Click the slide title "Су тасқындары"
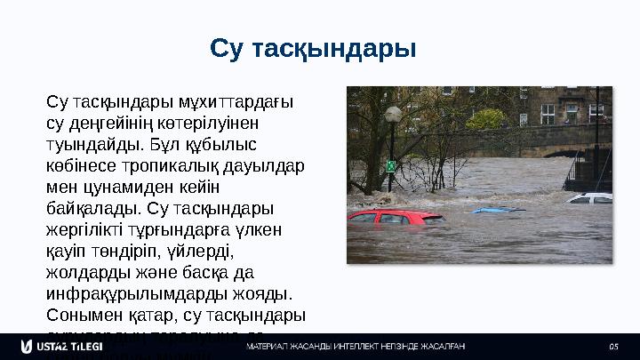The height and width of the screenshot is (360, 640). (313, 46)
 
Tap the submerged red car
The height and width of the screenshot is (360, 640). (395, 216)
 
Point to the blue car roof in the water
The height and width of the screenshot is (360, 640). (498, 210)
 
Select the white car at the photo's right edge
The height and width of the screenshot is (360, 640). (590, 197)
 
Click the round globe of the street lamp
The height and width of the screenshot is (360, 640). (393, 114)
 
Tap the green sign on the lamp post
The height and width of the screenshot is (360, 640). (391, 165)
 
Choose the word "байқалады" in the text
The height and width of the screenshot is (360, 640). (93, 209)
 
